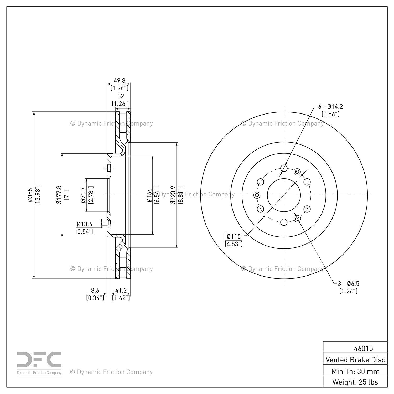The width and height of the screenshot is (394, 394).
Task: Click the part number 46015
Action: [363, 348]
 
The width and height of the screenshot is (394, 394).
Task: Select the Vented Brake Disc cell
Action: [355, 360]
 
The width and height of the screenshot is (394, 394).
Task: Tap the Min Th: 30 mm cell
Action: [355, 371]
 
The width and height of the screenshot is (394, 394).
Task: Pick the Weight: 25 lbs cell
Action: [355, 382]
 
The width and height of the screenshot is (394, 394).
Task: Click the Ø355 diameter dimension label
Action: [30, 195]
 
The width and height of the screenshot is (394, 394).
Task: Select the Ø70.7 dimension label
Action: [83, 195]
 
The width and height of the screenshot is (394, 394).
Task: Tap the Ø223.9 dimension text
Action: [173, 195]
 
